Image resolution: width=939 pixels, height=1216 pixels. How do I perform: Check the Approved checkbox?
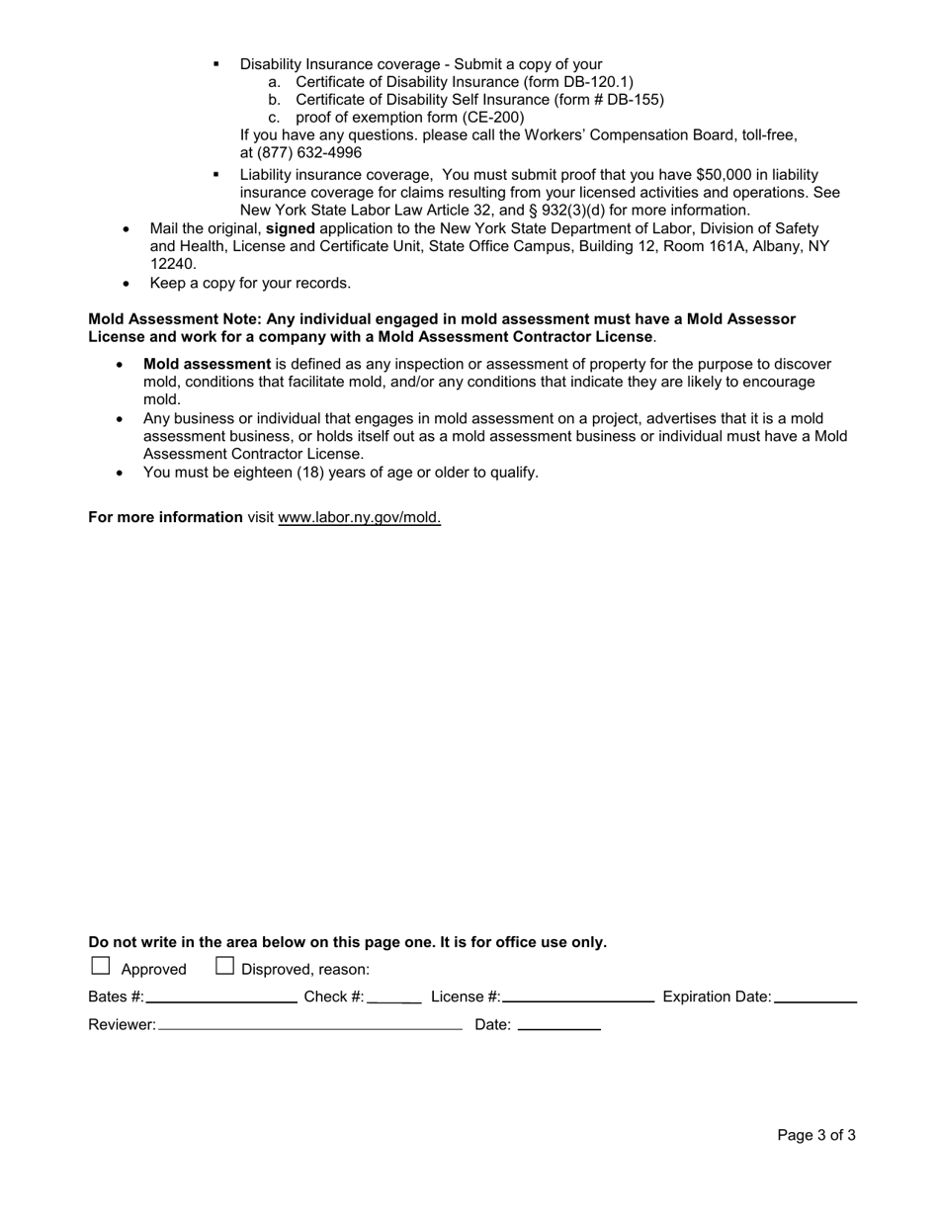click(100, 966)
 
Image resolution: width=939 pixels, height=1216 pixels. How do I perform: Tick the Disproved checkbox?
click(224, 966)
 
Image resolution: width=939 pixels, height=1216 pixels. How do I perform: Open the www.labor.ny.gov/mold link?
click(360, 517)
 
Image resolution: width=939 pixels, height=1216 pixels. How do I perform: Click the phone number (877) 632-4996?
click(300, 153)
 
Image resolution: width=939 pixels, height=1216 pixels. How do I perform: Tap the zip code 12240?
click(173, 264)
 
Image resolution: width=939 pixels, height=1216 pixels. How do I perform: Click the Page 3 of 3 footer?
click(815, 1135)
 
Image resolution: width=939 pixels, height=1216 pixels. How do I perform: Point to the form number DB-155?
click(633, 100)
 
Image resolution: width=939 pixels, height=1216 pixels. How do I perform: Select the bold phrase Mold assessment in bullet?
click(207, 364)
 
